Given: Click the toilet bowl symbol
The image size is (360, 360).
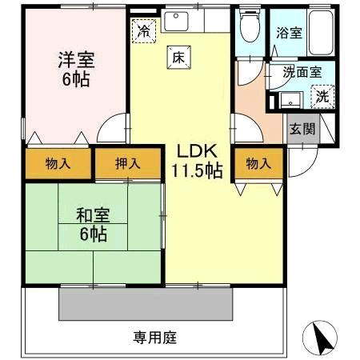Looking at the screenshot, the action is pos(250,26).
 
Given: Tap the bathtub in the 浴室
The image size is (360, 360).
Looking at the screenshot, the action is pos(321,32).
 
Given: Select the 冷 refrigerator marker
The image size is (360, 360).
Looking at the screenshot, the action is pos(144,31).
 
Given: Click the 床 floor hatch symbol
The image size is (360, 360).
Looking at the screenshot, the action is pos(179,58).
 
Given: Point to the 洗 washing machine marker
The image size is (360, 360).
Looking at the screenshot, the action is pos(322,97).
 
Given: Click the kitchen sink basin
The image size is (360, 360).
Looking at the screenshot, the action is pos(176,21).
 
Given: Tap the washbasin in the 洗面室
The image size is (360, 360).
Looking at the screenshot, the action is pos(290,100).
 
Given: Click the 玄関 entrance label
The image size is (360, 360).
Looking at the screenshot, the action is pos(302,129).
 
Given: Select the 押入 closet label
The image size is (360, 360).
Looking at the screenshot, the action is pos(128,163).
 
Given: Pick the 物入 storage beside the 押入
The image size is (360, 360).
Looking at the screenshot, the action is pos(58,163).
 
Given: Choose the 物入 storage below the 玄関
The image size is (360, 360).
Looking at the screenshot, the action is pos(258,163).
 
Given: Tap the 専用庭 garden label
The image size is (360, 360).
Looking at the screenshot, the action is pos(155,338).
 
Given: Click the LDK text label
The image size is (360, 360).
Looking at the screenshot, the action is pos(197,151).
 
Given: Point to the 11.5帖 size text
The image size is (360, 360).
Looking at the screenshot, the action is pos(197,170).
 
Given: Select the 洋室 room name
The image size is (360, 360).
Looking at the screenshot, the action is pos(77,60).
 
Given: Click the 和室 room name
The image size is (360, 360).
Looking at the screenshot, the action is pos(93,215).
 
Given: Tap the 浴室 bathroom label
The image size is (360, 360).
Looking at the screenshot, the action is pos(289,33).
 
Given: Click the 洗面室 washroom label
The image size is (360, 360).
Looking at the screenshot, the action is pos(302,72).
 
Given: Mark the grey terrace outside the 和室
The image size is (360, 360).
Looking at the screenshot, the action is pos(146,304).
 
